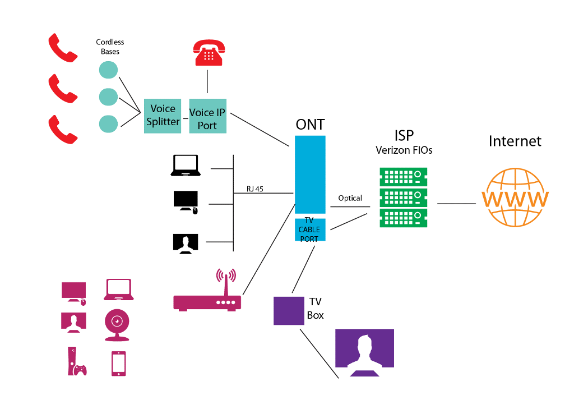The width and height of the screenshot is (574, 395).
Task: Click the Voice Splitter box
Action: [x=163, y=116]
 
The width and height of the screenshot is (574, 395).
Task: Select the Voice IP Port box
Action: [x=207, y=116]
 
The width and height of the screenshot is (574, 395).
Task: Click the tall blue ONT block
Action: [x=311, y=173]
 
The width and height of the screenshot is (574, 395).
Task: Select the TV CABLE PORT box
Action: [x=311, y=230]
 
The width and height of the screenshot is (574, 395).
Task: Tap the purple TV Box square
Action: [x=289, y=310]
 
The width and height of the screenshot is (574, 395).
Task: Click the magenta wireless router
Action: [x=208, y=298]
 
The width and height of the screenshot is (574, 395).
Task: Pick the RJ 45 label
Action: [x=254, y=189]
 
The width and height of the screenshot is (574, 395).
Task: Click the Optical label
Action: [x=350, y=198]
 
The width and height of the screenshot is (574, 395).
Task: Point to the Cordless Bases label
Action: [x=110, y=47]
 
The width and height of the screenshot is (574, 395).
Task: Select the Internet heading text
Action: [x=515, y=140]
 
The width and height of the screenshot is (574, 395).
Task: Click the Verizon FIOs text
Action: [x=404, y=150]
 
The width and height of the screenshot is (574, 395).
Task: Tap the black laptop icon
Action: [x=186, y=166]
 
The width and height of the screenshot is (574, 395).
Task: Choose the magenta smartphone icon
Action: [x=118, y=363]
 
